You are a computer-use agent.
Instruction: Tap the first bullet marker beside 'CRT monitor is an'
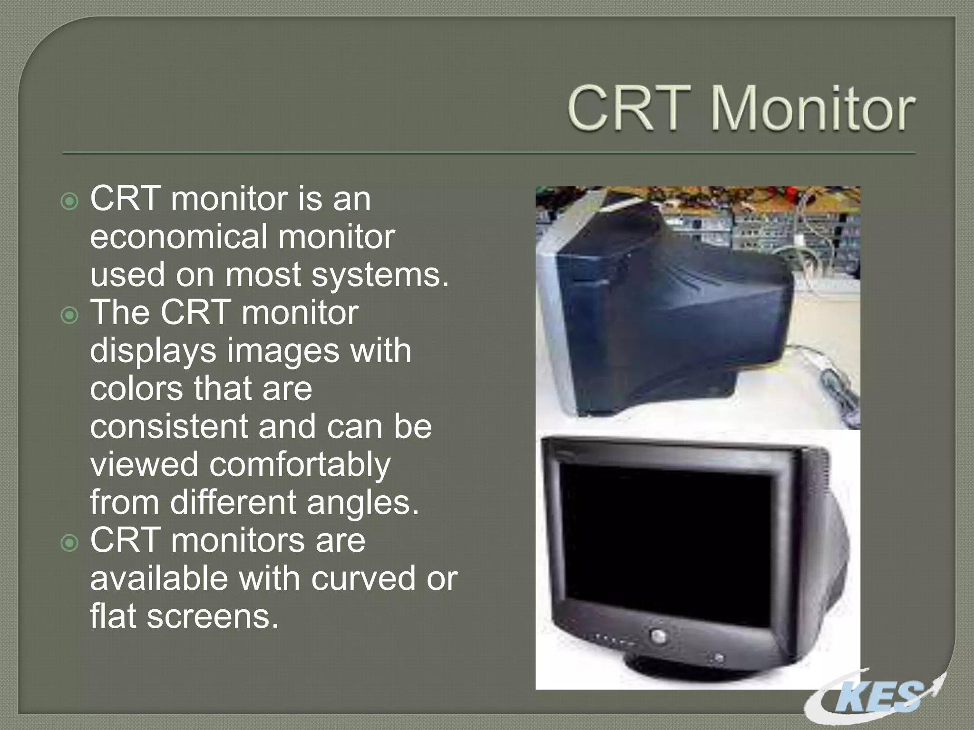tap(70, 202)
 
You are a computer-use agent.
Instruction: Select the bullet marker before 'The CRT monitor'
tap(70, 315)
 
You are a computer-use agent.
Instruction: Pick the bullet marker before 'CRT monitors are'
tap(70, 543)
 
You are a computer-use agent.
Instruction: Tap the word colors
tap(136, 388)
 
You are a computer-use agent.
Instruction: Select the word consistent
tap(168, 426)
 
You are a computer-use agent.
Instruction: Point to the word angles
tap(362, 503)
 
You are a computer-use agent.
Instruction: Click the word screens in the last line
tap(212, 616)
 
